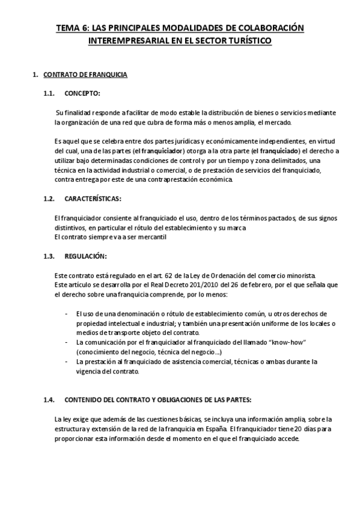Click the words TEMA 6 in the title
point(71,28)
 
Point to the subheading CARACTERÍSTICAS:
point(93,198)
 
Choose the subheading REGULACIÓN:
point(85,256)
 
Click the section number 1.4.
point(49,400)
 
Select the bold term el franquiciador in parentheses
point(158,150)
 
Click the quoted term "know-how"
point(291,342)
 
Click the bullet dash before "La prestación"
point(66,361)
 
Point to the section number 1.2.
point(49,198)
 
